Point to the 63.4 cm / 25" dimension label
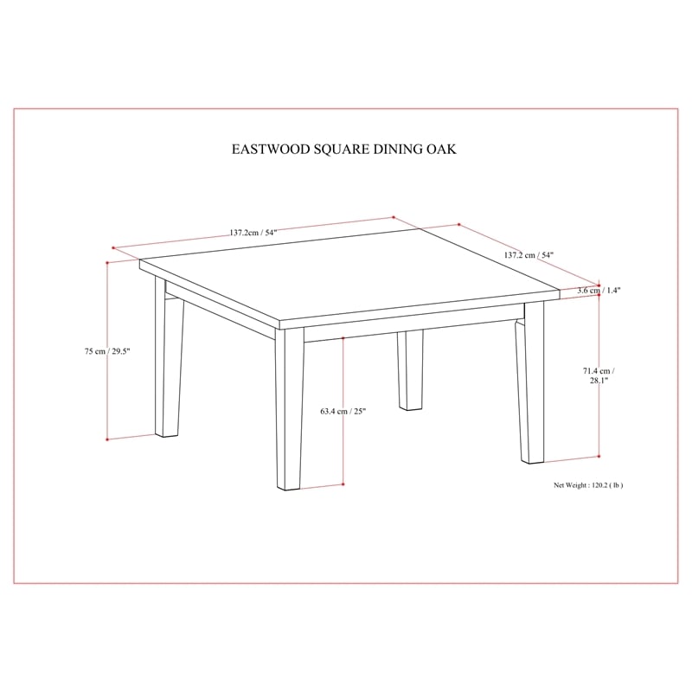(343, 412)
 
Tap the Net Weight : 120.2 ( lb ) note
(588, 485)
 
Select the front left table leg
(169, 363)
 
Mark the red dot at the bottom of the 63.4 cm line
(343, 484)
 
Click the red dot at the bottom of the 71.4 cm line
(599, 457)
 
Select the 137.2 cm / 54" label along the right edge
(529, 256)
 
